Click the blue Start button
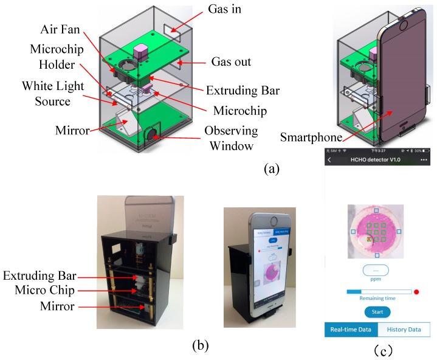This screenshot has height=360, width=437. [x=377, y=312]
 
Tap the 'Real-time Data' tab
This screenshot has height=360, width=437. [x=351, y=330]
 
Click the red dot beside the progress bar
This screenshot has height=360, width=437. [x=417, y=292]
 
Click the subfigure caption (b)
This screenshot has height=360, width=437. [x=200, y=346]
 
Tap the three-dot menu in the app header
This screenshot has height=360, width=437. [x=424, y=160]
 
